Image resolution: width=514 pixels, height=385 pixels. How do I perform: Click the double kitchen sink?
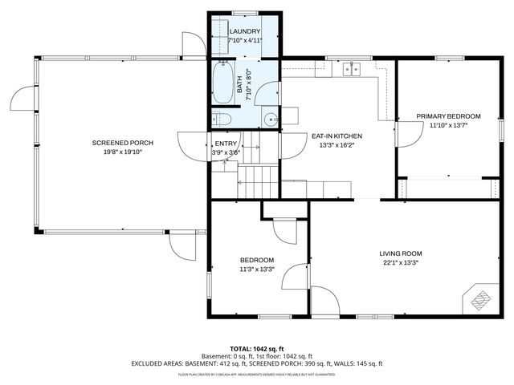[352, 71]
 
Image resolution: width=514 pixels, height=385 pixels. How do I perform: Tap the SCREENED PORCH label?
[122, 143]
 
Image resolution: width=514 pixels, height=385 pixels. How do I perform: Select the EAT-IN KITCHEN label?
[337, 136]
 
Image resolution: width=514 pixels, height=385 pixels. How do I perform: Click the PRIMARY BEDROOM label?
[448, 116]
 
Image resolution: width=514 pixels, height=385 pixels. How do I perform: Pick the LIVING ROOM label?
[401, 253]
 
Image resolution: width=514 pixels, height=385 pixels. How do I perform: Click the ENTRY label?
[226, 144]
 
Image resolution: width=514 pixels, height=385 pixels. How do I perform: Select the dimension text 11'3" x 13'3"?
[257, 269]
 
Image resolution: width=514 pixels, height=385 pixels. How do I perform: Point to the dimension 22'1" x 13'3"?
[401, 262]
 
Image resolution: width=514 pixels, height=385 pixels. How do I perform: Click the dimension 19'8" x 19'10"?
[122, 152]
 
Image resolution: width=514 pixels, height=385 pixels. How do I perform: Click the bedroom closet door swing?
[284, 230]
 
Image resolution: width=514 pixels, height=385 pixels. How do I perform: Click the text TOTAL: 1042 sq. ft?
[256, 349]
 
